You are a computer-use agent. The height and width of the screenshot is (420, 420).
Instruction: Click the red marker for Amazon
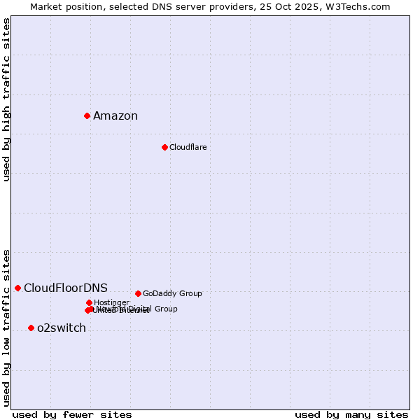[87, 115]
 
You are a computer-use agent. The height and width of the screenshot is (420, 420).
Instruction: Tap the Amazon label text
[115, 116]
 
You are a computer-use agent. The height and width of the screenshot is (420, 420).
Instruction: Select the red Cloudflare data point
[164, 147]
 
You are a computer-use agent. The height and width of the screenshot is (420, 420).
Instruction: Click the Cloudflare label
[188, 147]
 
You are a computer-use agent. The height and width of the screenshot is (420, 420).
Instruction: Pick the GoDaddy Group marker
[138, 293]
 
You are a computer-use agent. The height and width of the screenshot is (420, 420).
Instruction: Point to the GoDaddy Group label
[172, 293]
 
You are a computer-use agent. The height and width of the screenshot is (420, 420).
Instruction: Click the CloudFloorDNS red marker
[17, 288]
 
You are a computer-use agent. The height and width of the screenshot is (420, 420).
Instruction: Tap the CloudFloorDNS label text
[66, 288]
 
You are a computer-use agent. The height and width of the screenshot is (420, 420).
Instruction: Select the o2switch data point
[31, 328]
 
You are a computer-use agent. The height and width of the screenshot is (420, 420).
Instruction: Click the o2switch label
[62, 328]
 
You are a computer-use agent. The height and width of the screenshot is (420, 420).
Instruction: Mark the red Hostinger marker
[89, 302]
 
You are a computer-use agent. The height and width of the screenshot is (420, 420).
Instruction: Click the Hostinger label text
[111, 302]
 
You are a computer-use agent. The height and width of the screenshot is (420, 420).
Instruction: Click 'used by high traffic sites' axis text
[6, 99]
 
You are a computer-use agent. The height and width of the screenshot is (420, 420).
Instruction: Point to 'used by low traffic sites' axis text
[6, 328]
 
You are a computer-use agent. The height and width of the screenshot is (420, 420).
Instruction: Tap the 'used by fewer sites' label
[72, 414]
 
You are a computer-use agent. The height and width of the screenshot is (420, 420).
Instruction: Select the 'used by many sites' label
[351, 414]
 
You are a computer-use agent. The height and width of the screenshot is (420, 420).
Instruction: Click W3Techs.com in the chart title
[361, 6]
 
